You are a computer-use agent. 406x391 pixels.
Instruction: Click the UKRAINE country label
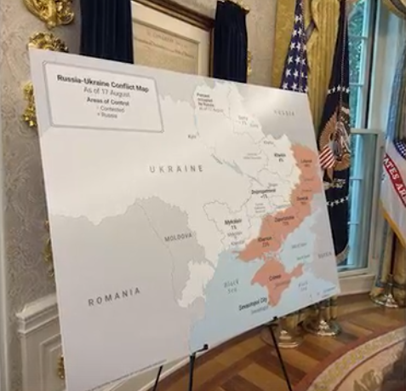click(176, 169)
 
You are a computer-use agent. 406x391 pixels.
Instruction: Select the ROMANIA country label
click(114, 296)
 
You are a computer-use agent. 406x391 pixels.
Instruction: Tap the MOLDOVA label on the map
click(177, 236)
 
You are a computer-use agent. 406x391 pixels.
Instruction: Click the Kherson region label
click(265, 243)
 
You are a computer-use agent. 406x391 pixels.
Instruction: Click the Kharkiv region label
click(278, 157)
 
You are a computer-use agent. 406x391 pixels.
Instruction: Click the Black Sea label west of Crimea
click(229, 287)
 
